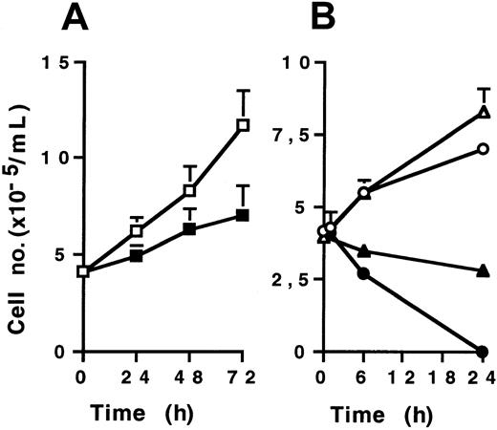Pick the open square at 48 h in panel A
pyautogui.click(x=189, y=190)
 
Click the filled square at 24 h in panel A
pyautogui.click(x=136, y=256)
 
